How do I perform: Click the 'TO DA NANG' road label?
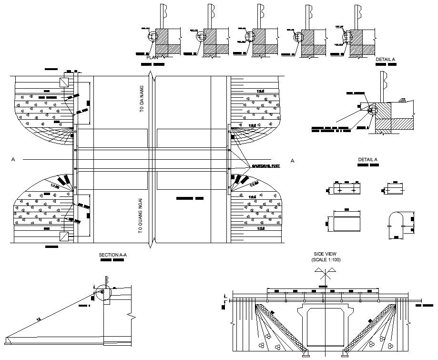click(x=142, y=99)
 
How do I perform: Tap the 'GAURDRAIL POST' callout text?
click(x=265, y=165)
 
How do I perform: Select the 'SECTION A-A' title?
click(x=112, y=256)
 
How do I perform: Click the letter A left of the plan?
click(x=13, y=160)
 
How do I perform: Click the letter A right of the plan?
click(x=293, y=161)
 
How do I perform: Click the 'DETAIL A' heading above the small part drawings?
click(x=368, y=160)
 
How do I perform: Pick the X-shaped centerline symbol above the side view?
click(x=324, y=276)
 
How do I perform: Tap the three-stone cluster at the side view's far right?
click(x=390, y=346)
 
